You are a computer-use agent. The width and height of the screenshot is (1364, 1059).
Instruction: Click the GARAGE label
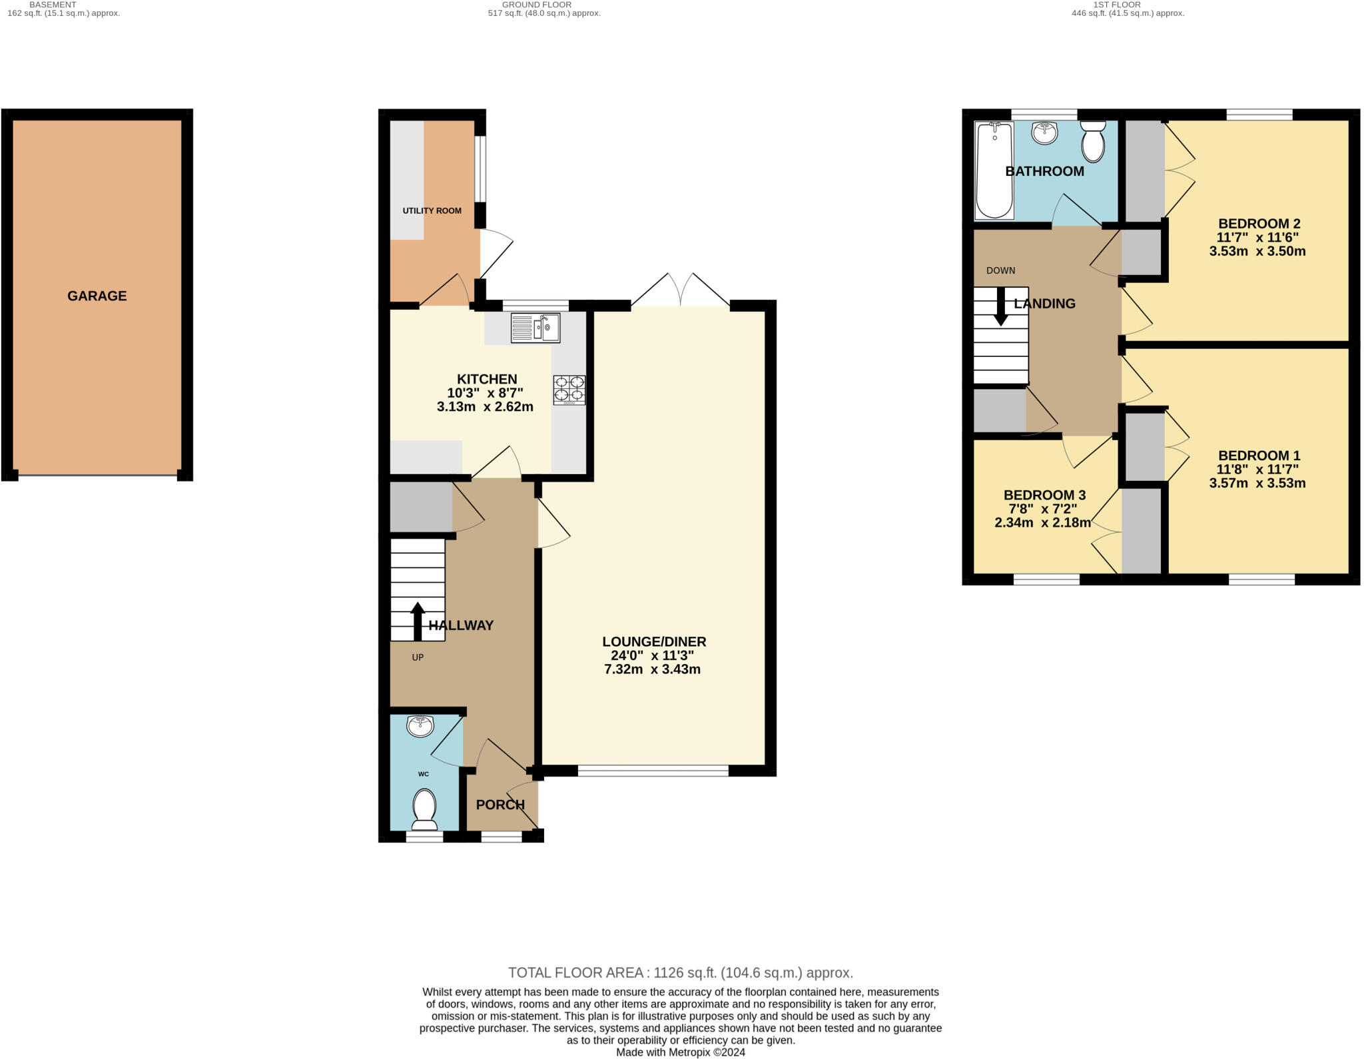coord(97,296)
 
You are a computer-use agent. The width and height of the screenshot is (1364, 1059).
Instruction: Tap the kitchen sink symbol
coord(535,328)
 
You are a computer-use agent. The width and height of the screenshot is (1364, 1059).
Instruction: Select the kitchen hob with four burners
coord(569,390)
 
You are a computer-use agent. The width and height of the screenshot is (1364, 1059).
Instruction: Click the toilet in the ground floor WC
coord(424,809)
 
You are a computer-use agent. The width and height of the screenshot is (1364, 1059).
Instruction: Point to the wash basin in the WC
coord(420,726)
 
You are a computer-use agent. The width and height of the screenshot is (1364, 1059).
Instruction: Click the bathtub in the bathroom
coord(994,171)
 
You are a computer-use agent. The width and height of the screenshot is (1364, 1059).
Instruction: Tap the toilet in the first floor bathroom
coord(1093,142)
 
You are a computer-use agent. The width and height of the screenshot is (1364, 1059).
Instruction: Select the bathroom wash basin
coord(1044,132)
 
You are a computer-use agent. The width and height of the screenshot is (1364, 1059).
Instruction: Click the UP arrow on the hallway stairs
coord(418,621)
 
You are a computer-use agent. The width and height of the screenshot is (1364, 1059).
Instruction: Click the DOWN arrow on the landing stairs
coord(1000,306)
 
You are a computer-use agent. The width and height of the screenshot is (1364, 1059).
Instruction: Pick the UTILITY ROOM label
coord(432,210)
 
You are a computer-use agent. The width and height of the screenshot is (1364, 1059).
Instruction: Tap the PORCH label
coord(500,805)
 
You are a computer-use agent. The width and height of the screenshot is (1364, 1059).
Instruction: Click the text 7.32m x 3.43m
coord(652,669)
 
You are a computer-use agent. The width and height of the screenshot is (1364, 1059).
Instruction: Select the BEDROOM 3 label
coord(1044,495)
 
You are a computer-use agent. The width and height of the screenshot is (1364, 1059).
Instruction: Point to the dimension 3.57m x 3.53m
coord(1257,483)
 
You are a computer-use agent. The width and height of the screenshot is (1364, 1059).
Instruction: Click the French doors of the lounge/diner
coord(680,290)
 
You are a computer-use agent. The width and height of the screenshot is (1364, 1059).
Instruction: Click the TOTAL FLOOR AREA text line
coord(680,972)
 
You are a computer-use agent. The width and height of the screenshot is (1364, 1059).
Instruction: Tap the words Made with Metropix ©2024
coord(680,1052)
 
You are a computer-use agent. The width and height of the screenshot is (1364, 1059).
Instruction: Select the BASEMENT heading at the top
coord(53,5)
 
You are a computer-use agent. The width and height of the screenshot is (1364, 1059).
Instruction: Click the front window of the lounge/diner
coord(653,771)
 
